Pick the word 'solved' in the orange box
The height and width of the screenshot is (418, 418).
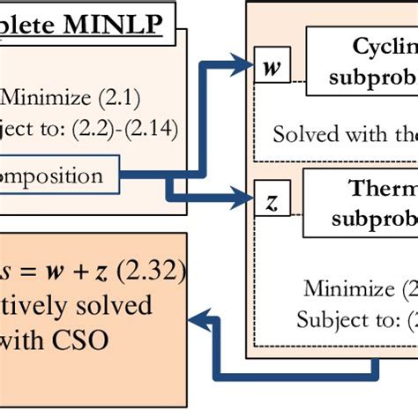click(107, 304)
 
